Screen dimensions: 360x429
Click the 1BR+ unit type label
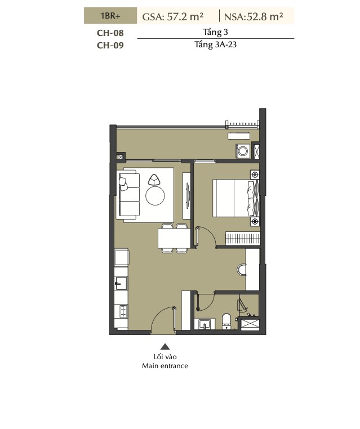110,16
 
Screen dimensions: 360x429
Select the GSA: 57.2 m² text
173,17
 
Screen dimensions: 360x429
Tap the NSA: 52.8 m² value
254,17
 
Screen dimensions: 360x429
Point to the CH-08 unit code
110,33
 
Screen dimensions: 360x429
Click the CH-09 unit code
110,45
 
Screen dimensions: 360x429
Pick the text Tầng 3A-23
215,44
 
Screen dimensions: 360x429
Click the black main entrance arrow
165,347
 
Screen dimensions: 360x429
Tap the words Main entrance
165,366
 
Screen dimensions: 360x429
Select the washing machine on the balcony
243,151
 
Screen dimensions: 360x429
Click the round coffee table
155,195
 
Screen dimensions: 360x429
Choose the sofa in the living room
127,195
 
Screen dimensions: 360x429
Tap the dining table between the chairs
174,238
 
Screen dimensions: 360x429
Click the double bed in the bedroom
235,198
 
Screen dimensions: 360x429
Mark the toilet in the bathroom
226,321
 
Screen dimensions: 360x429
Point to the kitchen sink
121,283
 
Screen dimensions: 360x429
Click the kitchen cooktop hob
123,311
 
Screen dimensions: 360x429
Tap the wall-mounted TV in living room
188,195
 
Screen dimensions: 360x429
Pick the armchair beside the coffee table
154,180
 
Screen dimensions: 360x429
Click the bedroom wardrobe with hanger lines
243,238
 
